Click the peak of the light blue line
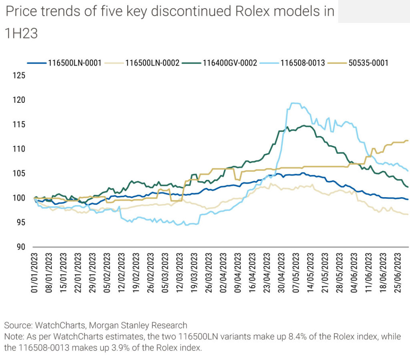coord(294,103)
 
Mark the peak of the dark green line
coord(305,126)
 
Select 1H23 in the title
coord(21,34)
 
